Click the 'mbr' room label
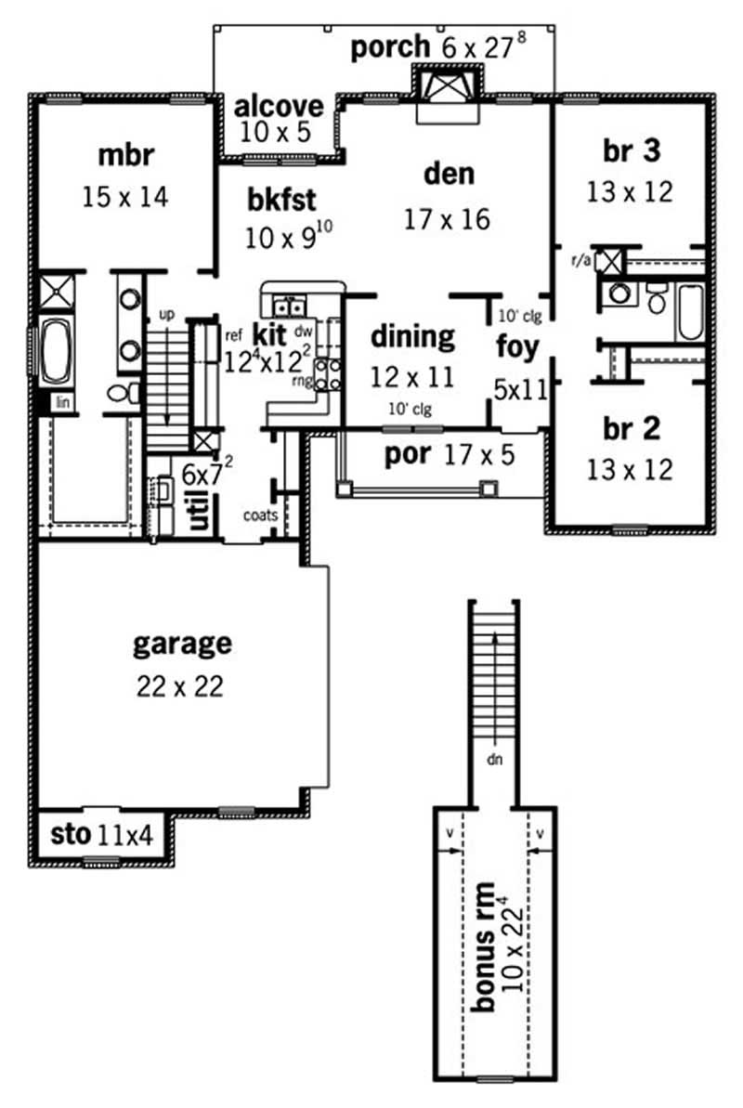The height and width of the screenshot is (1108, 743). pos(123,154)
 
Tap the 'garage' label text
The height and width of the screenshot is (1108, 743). pos(182,643)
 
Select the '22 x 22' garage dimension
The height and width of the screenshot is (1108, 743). pos(182,686)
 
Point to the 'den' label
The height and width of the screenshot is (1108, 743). pos(449,174)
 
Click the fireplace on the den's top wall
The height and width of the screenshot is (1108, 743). pos(448,88)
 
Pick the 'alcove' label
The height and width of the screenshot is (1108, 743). pos(279,105)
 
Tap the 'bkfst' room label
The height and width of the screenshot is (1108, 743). pos(283,200)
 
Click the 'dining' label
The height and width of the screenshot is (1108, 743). pos(412,336)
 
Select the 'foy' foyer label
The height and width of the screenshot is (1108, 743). pos(517,349)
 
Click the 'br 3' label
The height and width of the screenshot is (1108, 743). pos(630,149)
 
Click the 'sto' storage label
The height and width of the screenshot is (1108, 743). pos(69,836)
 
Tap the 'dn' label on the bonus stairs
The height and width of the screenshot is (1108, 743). pos(493,757)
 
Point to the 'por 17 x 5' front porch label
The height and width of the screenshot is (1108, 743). pos(439,454)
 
